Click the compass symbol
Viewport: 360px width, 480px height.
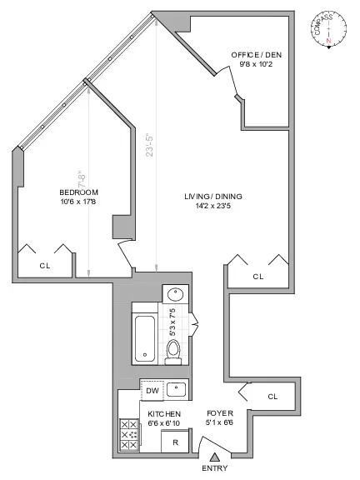[330, 27]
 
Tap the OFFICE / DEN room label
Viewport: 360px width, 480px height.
[257, 56]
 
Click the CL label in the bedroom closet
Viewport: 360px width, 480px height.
[44, 266]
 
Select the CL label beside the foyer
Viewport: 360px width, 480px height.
[272, 397]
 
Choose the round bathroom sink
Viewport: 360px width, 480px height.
[175, 294]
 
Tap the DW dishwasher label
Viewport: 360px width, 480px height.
[152, 390]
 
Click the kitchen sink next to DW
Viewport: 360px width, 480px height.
[176, 389]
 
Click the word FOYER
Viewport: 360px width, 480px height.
[220, 413]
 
